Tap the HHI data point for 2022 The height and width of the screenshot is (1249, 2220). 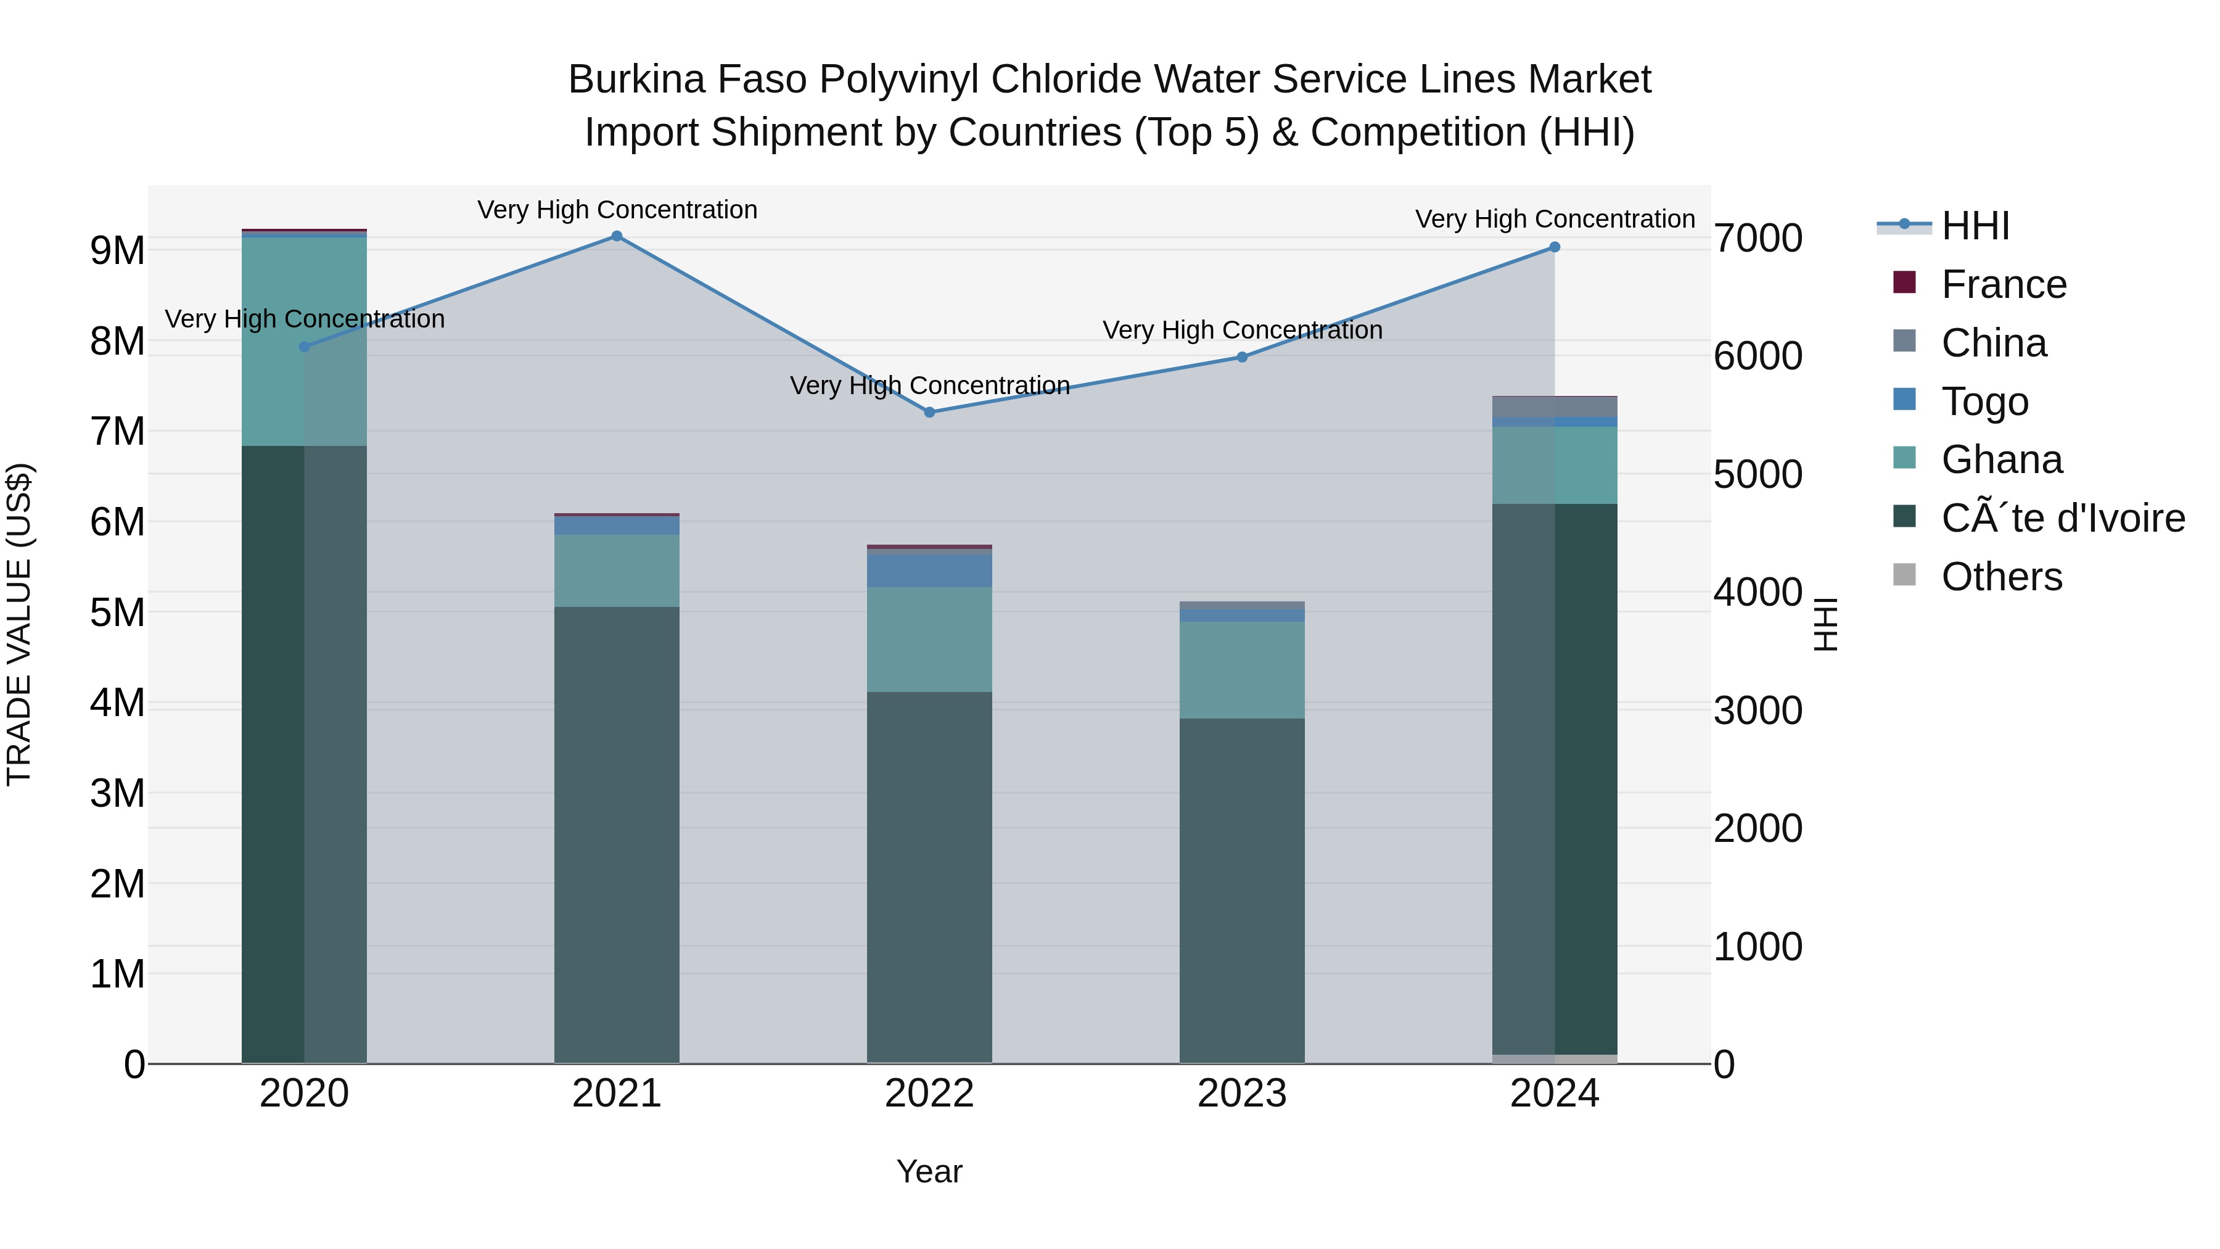click(x=929, y=413)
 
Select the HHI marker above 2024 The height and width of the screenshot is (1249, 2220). click(x=1555, y=247)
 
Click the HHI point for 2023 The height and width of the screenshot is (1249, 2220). click(x=1242, y=357)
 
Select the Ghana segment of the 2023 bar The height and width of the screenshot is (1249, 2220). click(x=1242, y=670)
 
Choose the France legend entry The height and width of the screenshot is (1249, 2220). click(x=2003, y=284)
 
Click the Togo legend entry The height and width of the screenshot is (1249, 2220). click(x=1984, y=402)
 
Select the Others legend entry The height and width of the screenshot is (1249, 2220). click(x=2001, y=577)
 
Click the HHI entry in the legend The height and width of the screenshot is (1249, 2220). click(x=1975, y=226)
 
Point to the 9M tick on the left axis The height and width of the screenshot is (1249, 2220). click(x=117, y=251)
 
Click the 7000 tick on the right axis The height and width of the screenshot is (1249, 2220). click(x=1757, y=239)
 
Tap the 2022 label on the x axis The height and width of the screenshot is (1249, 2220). click(x=929, y=1094)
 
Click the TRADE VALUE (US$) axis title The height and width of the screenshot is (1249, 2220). click(x=19, y=624)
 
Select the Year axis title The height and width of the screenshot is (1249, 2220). click(x=929, y=1171)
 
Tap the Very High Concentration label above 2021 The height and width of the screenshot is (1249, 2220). click(x=617, y=210)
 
